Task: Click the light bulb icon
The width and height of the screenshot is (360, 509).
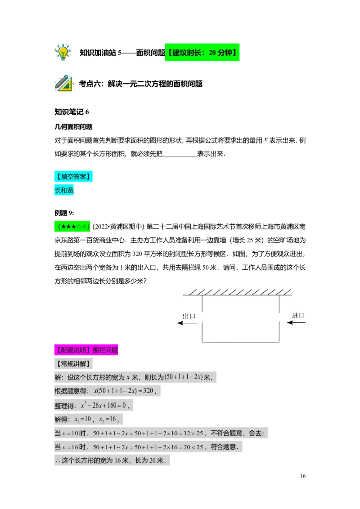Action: click(63, 52)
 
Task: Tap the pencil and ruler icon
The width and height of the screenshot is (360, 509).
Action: click(64, 84)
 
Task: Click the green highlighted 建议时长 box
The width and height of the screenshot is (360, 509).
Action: click(202, 52)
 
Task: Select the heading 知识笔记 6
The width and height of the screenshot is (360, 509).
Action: click(72, 112)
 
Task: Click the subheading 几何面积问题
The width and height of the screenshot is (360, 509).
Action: click(73, 127)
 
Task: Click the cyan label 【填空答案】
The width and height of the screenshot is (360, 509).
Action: click(73, 176)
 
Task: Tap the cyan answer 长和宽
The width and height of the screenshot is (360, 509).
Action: click(64, 190)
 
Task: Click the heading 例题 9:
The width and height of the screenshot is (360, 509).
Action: click(64, 213)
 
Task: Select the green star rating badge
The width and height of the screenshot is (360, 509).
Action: click(72, 226)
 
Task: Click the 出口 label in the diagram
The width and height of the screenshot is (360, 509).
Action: click(189, 316)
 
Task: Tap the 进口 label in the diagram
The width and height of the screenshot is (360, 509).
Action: click(298, 316)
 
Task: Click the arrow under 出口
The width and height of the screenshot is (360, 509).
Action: click(187, 323)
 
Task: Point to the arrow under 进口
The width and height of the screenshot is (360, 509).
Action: click(296, 323)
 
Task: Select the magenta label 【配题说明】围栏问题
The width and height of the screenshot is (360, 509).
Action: click(86, 350)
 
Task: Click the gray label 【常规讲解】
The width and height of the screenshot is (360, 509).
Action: click(73, 364)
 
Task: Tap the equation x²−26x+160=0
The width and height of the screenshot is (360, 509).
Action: click(105, 405)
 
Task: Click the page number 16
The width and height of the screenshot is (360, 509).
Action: click(303, 476)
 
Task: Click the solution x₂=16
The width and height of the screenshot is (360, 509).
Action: click(108, 419)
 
